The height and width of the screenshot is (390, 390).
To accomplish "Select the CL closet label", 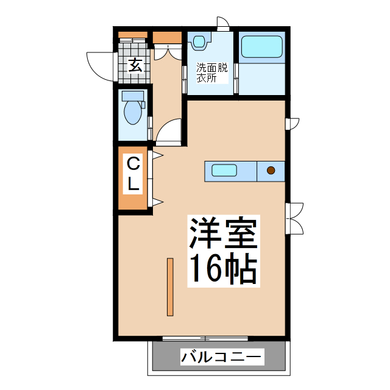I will click(133, 174).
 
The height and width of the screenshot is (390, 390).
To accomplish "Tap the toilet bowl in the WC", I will click(132, 113).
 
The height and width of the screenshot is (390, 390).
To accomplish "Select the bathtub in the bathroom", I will click(261, 47).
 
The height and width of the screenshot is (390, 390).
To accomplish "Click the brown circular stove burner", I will click(271, 171).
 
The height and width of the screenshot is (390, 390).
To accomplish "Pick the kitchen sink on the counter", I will click(224, 171).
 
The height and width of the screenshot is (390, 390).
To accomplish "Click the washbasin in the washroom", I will click(199, 42).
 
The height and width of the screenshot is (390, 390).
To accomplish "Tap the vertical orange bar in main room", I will click(170, 287).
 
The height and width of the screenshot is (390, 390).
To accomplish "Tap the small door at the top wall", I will click(224, 25).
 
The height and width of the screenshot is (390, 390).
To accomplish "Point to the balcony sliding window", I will click(205, 338).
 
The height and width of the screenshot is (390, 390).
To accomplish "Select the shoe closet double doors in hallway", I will click(165, 54).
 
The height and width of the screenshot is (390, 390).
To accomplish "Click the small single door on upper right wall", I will click(293, 123).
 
